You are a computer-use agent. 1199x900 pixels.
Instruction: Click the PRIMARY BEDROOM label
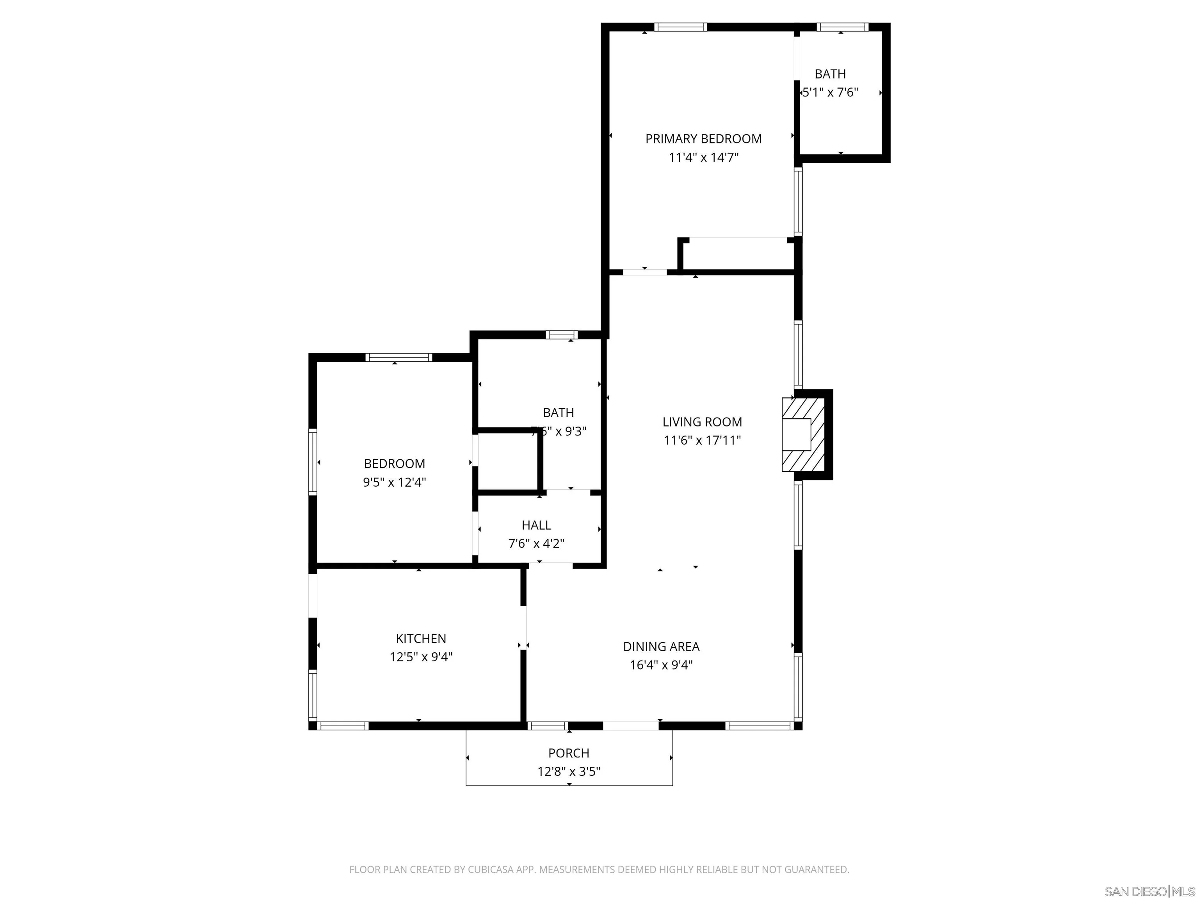click(703, 139)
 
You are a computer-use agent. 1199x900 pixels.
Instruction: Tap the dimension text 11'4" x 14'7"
click(703, 158)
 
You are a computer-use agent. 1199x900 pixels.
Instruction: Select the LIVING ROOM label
click(702, 421)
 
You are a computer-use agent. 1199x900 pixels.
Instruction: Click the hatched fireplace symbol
click(803, 434)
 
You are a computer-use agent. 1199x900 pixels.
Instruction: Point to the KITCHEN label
click(421, 639)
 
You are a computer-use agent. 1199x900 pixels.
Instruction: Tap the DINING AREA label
click(661, 646)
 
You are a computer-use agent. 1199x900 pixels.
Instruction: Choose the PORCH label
click(569, 753)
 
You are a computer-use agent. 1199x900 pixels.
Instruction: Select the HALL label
click(536, 525)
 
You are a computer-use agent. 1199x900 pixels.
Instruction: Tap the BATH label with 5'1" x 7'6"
click(830, 74)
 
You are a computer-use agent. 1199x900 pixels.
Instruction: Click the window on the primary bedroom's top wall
click(680, 27)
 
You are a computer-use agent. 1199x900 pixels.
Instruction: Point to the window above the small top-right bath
click(842, 27)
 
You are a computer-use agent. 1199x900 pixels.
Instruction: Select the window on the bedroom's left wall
click(313, 462)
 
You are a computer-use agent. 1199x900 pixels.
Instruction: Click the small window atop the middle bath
click(562, 335)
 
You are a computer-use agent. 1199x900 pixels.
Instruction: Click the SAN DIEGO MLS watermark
click(1149, 891)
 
